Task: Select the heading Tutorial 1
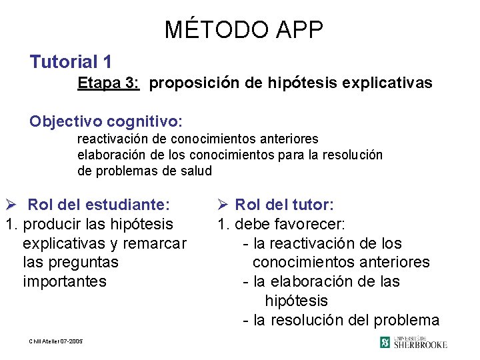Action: [x=71, y=63]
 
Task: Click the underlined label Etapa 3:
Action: [x=108, y=83]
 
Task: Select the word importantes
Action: [x=65, y=281]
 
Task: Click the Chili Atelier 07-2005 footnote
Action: [x=56, y=341]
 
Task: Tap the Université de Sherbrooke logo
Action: [x=413, y=342]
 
